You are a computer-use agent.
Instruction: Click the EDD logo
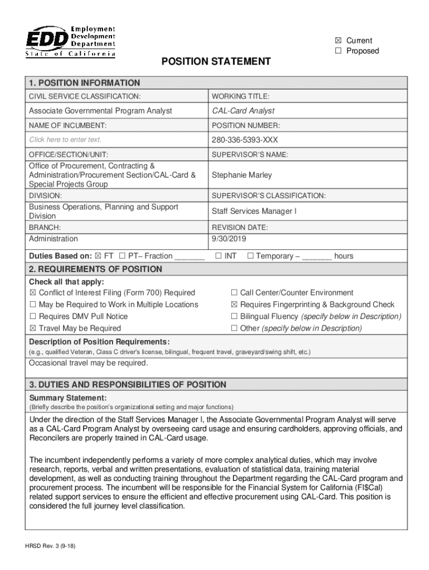70,41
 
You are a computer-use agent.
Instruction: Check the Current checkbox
338,41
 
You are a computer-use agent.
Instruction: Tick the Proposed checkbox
338,51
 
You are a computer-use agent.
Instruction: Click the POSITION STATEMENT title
216,61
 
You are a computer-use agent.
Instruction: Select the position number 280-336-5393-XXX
245,139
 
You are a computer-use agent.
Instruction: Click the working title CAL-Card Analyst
243,111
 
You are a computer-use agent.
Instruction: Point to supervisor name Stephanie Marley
242,175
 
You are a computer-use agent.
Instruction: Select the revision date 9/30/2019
228,239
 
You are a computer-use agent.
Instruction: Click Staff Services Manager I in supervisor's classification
254,211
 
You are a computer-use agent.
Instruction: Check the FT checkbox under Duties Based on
99,256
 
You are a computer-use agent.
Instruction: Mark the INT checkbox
218,256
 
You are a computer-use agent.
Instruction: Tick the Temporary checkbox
250,256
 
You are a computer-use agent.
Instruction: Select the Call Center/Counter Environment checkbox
235,293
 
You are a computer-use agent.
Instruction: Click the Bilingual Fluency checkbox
235,316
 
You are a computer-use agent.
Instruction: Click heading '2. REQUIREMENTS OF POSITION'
95,269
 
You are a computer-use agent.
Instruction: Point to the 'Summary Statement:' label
67,398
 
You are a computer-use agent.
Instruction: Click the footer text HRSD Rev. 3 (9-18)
52,546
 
